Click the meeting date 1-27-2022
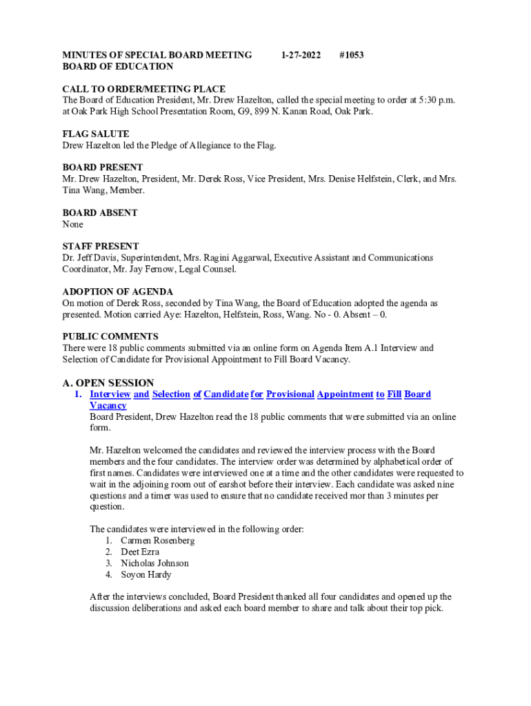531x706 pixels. tap(301, 55)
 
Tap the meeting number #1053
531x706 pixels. tap(352, 55)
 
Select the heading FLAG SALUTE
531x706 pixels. tap(96, 134)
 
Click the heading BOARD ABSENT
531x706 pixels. tap(100, 213)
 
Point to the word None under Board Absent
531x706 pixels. tap(73, 225)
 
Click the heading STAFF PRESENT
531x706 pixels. tap(101, 246)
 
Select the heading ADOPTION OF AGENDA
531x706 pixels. tap(118, 292)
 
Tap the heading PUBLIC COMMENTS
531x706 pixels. tap(110, 336)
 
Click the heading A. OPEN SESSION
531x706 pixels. tap(108, 383)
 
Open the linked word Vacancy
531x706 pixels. tap(108, 406)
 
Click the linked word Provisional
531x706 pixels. tap(290, 394)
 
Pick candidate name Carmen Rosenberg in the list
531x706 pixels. tap(157, 541)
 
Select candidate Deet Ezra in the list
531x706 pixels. tap(140, 552)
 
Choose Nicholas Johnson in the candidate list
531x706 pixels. tap(154, 563)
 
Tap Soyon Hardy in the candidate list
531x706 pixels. tap(146, 574)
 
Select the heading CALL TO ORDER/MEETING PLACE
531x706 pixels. tap(144, 89)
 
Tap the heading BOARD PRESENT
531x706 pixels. tap(103, 168)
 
